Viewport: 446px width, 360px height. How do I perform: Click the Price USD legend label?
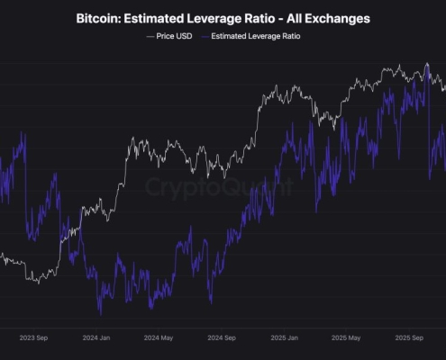coord(173,37)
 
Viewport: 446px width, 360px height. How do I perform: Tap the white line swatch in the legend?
coord(150,37)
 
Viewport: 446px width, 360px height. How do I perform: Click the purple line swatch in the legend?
coord(204,37)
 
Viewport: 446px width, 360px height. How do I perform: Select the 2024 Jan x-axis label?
coord(96,340)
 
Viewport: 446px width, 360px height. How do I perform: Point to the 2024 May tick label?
coord(158,340)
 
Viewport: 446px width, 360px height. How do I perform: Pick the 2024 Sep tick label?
coord(221,340)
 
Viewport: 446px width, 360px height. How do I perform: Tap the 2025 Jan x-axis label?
coord(284,340)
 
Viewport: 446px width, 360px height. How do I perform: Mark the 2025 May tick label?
coord(346,340)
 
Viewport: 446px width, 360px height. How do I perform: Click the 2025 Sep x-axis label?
coord(410,340)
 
